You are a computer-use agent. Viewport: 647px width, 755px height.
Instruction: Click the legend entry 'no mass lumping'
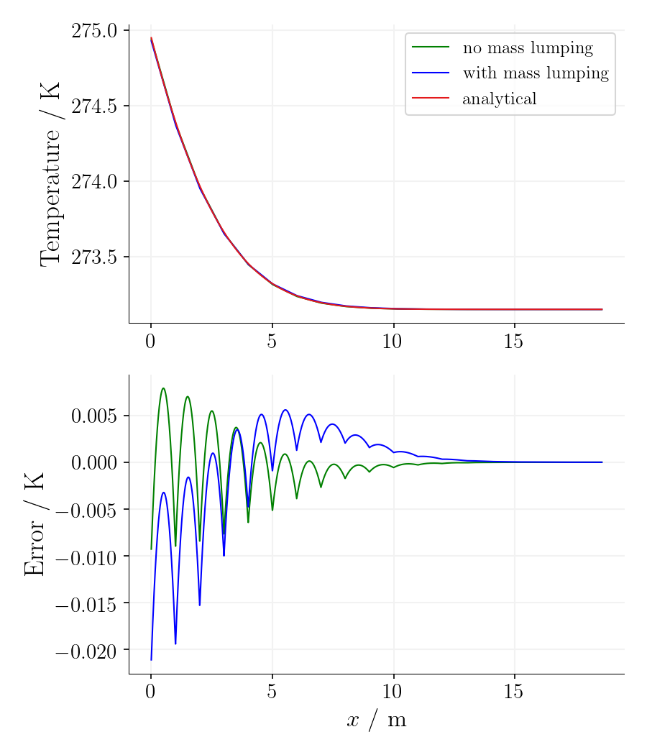tap(527, 49)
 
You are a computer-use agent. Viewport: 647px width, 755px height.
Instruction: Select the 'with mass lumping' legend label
tap(535, 73)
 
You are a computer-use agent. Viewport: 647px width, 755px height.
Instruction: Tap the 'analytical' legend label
tap(499, 99)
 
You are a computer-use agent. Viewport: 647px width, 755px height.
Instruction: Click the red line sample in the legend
tap(430, 98)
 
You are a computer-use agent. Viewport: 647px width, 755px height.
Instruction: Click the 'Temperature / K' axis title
tap(50, 174)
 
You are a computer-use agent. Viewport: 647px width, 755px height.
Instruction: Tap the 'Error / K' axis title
tap(35, 524)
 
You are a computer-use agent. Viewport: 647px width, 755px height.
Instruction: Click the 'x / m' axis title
tap(377, 720)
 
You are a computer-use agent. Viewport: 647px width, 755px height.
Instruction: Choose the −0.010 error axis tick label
tap(86, 557)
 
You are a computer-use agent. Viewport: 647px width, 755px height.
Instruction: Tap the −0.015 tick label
tap(86, 604)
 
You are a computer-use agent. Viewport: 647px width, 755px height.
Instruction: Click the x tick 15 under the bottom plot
tap(514, 692)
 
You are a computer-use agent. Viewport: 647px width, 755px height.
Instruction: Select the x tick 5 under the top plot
tap(272, 341)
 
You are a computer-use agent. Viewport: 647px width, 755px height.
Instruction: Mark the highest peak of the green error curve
tap(163, 388)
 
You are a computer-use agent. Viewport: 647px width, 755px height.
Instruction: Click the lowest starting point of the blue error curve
tap(151, 659)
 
